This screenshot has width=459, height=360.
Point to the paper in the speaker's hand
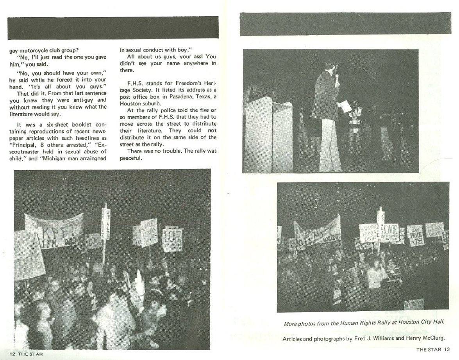[x=345, y=107]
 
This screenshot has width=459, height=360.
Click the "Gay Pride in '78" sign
[x=416, y=236]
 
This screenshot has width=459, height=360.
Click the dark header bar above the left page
[x=113, y=27]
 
